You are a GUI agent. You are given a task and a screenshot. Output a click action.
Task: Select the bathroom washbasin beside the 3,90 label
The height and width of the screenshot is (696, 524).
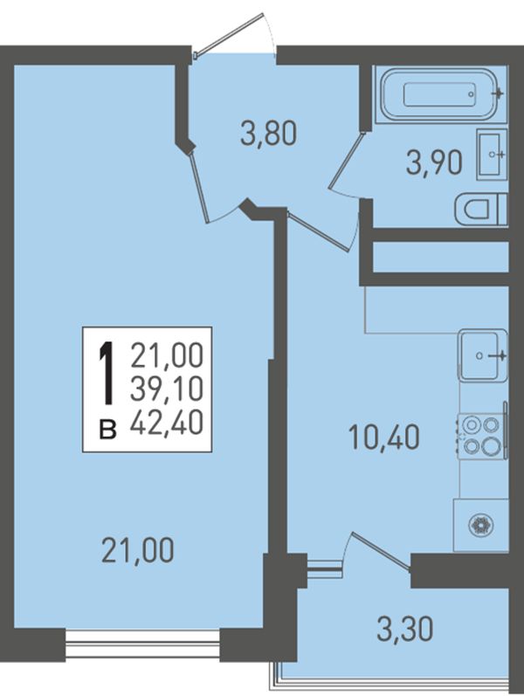tap(492, 154)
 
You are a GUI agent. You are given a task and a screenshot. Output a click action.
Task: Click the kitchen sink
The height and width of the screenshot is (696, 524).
tap(483, 355)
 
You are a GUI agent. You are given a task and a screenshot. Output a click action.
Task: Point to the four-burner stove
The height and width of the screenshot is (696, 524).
tap(481, 437)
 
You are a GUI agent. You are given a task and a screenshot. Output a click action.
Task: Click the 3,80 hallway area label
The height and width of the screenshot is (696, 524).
tap(268, 134)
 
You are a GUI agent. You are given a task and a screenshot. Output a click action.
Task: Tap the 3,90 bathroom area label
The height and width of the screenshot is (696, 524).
tap(434, 163)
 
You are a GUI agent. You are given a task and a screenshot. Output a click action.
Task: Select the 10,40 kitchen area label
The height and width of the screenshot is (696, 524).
tap(384, 437)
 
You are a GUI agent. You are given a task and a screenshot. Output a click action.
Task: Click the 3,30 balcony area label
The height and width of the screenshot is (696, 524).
tap(405, 629)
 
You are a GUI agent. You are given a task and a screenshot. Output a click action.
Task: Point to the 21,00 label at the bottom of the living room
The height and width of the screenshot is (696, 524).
tap(138, 550)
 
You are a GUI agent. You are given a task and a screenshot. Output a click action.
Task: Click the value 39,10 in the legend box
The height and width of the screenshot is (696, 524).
tap(167, 389)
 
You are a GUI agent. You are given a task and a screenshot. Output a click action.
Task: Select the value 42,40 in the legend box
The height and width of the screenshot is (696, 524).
tap(167, 422)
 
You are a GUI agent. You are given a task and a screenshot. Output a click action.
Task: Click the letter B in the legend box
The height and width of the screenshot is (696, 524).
tap(107, 430)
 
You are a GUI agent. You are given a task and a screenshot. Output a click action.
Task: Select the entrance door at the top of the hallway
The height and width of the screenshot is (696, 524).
tap(230, 36)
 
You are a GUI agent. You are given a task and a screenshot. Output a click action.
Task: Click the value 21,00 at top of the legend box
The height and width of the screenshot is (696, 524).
tap(167, 356)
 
